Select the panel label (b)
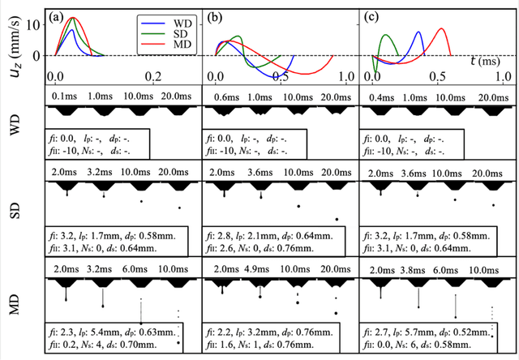(218, 15)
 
